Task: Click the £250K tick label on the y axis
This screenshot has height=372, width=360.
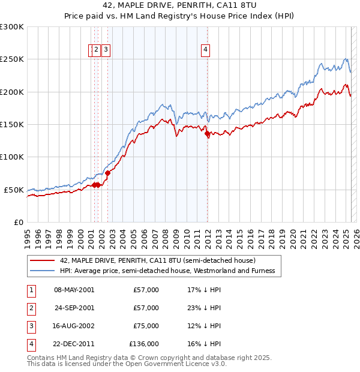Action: (12, 59)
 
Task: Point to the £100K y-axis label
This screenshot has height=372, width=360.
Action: (12, 157)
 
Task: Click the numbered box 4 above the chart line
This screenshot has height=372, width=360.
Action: (205, 50)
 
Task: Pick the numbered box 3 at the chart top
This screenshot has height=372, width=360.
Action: (105, 50)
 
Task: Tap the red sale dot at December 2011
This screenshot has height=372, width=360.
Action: (208, 134)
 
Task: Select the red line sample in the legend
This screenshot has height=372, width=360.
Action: (42, 260)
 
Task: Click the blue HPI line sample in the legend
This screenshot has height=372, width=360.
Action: (42, 271)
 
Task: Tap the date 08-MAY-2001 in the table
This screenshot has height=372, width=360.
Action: (74, 290)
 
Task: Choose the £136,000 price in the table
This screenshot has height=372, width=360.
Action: (144, 344)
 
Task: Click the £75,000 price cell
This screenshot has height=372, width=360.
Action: (146, 326)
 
